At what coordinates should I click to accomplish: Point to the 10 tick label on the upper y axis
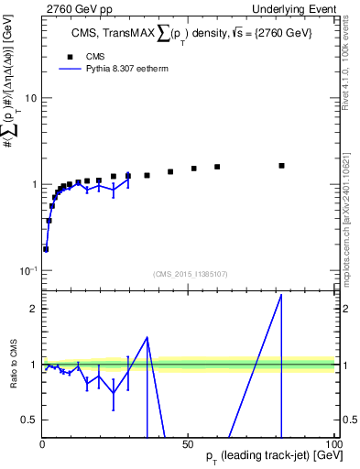(x=30, y=98)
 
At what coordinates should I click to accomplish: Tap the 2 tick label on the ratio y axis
(x=34, y=309)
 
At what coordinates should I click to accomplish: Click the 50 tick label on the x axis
(x=188, y=442)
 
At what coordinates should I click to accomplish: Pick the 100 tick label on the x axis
(x=333, y=442)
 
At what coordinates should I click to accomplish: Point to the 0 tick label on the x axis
(x=43, y=442)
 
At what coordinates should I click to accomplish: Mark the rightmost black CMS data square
(x=281, y=166)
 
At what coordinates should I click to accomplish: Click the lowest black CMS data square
(x=46, y=248)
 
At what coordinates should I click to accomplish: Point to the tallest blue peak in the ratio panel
(x=281, y=295)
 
